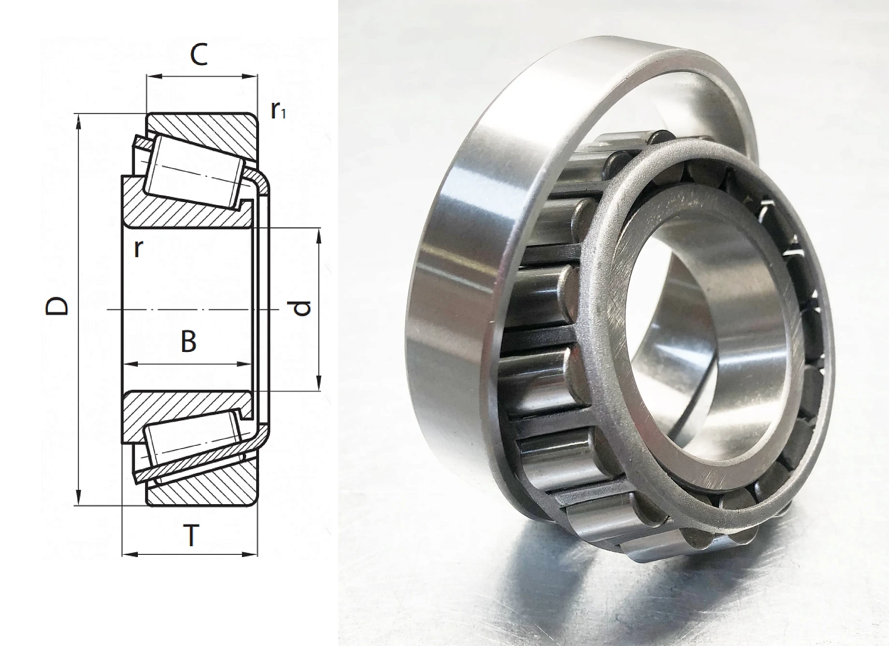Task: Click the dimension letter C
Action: (x=199, y=55)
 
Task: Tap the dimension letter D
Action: (x=57, y=306)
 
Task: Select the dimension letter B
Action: (x=188, y=342)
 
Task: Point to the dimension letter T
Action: (x=192, y=535)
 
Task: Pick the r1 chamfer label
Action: (x=278, y=111)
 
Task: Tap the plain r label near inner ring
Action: (x=138, y=249)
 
